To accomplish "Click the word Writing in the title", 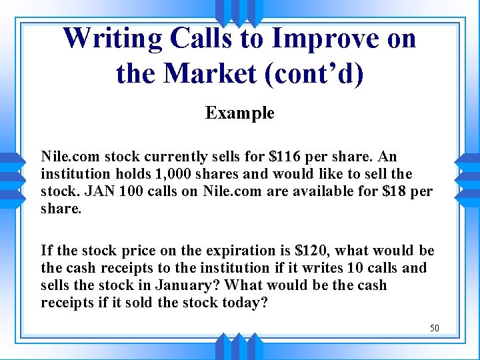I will point(112,38).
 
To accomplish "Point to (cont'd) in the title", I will point(315,73).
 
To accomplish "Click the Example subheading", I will point(239,113).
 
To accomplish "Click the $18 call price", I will point(401,191).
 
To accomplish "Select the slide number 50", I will point(434,327).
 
